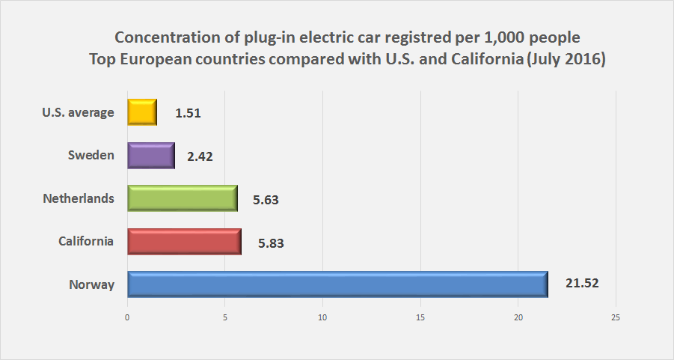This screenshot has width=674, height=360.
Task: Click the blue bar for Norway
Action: [x=337, y=284]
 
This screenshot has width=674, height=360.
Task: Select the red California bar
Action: [x=184, y=242]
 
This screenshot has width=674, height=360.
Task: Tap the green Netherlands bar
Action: [x=183, y=198]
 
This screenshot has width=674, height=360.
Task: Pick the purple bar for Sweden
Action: [x=151, y=156]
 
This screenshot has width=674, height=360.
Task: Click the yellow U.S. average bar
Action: [x=142, y=112]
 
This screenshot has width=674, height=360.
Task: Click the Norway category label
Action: [x=91, y=284]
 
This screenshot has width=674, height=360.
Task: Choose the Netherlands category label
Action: [x=79, y=198]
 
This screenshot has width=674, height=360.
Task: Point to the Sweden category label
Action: [x=91, y=155]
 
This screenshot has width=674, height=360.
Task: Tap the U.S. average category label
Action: [x=79, y=112]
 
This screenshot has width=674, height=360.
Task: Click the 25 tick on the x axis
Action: [x=616, y=317]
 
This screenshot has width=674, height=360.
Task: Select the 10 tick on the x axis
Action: [x=322, y=317]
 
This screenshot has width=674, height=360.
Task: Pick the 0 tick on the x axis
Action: [x=127, y=317]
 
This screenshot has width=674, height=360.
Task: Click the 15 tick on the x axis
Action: [x=420, y=317]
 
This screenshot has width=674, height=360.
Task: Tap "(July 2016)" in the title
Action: [x=565, y=60]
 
